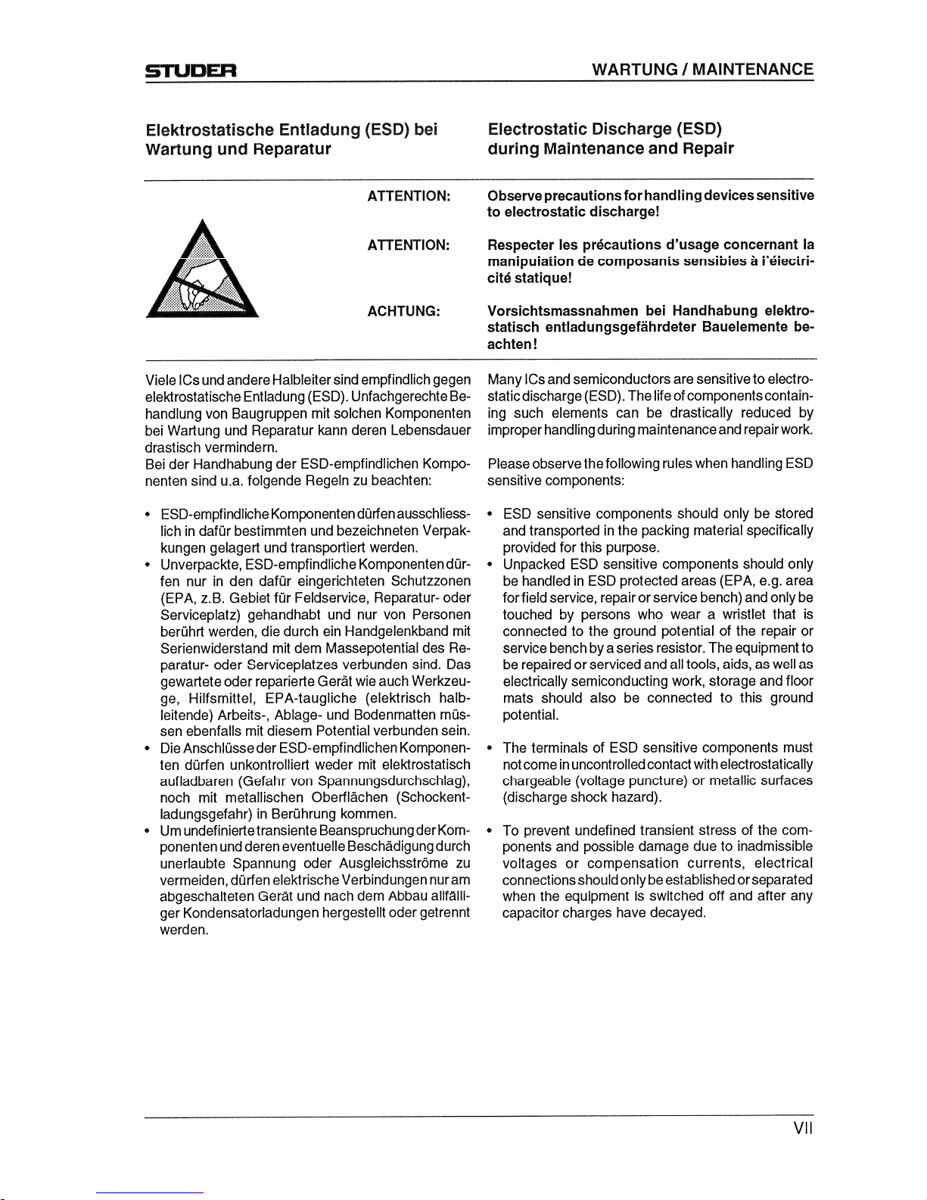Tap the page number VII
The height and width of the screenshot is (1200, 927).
pyautogui.click(x=802, y=1130)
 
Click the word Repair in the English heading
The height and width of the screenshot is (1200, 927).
pyautogui.click(x=710, y=148)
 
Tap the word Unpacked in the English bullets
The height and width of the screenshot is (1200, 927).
pyautogui.click(x=533, y=564)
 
